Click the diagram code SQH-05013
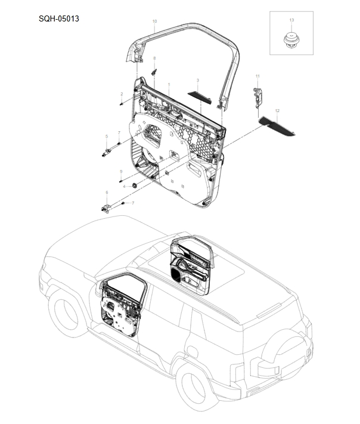[x=59, y=18]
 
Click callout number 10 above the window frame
[x=154, y=21]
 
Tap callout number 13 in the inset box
[x=291, y=20]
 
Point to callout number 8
[x=154, y=58]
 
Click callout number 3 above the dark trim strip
[x=197, y=80]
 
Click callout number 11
[x=257, y=76]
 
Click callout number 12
[x=277, y=111]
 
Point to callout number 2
[x=122, y=94]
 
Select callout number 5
[x=107, y=137]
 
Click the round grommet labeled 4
[x=135, y=186]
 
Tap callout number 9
[x=121, y=171]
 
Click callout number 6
[x=107, y=192]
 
